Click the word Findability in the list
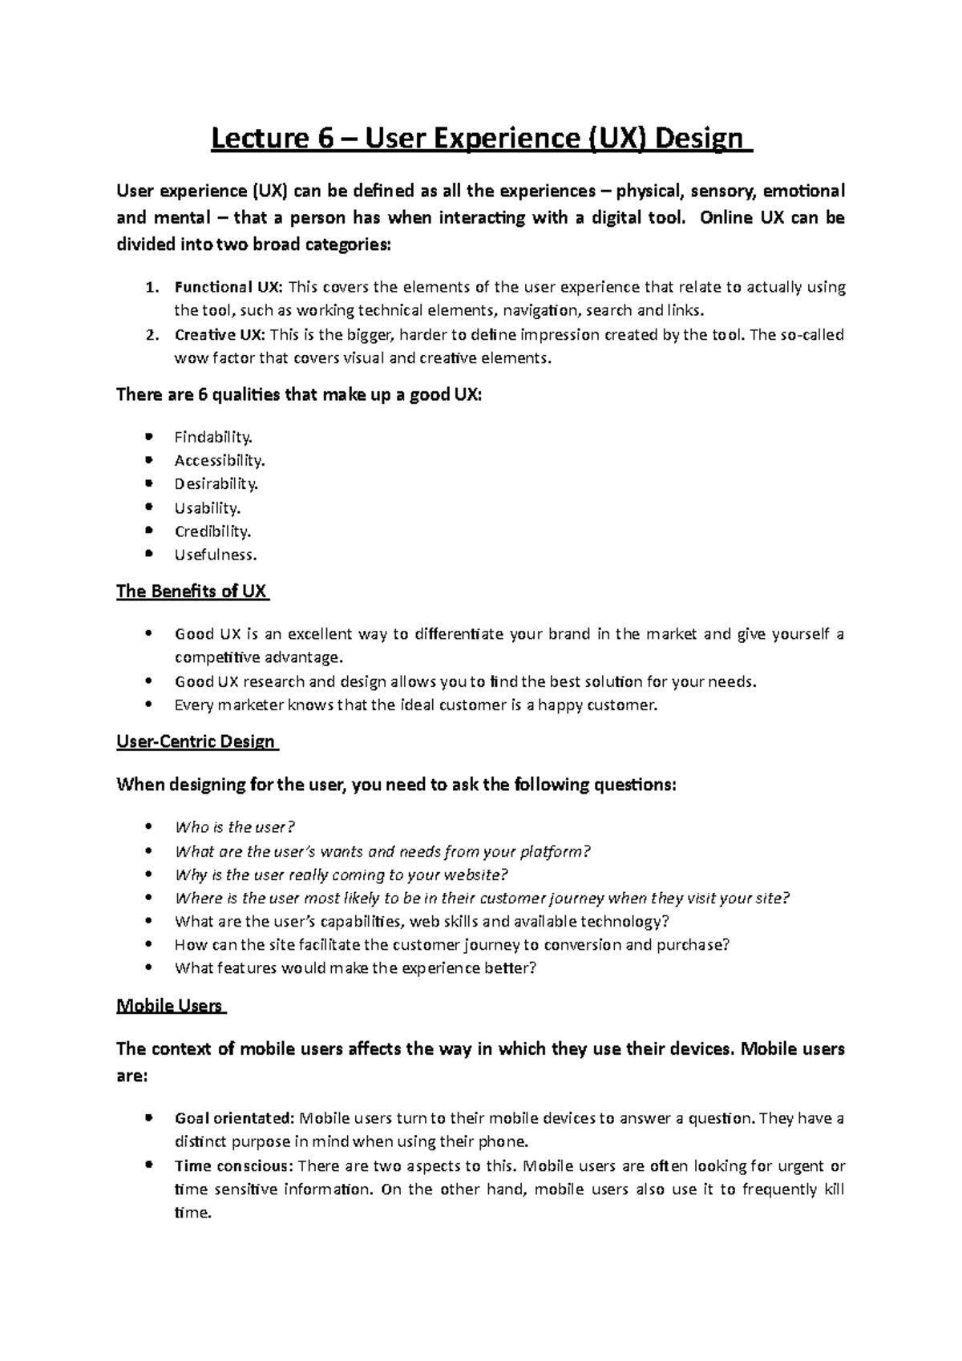coord(213,437)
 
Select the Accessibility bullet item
coord(219,460)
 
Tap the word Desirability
coord(216,483)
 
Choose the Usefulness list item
coord(216,554)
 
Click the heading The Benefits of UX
coord(192,592)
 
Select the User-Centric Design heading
coord(196,741)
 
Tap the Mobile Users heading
coord(170,1006)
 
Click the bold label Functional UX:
coord(228,287)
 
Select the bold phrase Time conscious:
coord(233,1166)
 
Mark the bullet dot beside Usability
coord(148,507)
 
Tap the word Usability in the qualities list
coord(207,507)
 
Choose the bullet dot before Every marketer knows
coord(148,705)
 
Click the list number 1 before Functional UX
coord(152,288)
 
